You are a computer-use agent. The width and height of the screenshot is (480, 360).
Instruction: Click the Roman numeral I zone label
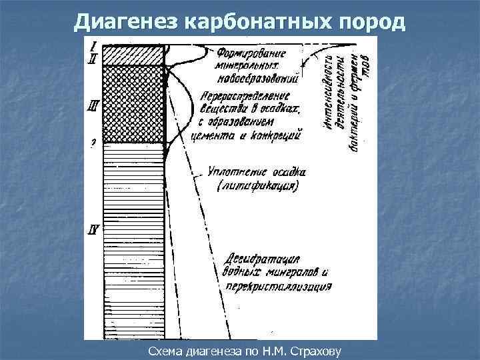click(x=95, y=46)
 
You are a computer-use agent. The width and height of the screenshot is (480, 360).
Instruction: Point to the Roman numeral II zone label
click(x=94, y=57)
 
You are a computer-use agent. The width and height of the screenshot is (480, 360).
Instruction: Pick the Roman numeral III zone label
click(x=94, y=105)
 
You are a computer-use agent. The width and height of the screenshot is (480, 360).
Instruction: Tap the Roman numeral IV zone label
click(x=94, y=231)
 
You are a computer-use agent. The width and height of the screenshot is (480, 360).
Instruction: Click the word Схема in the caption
click(x=162, y=350)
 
